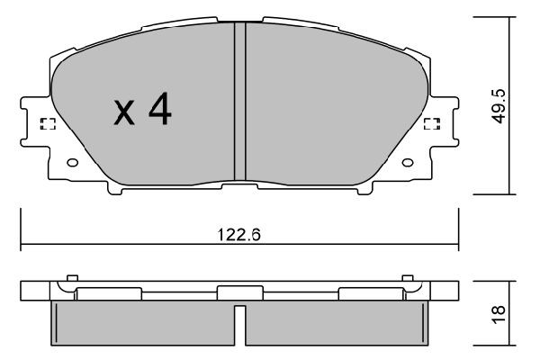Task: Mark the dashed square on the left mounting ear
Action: (x=49, y=124)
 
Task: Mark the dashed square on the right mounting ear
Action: (x=430, y=124)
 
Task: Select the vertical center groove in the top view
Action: (x=239, y=99)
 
